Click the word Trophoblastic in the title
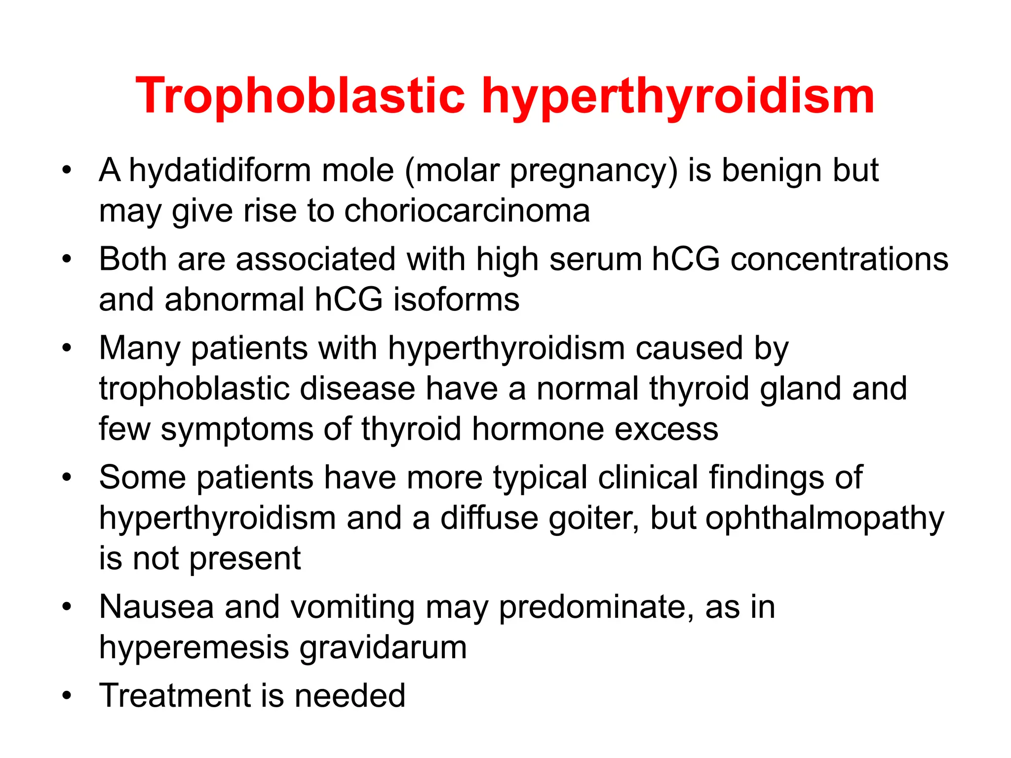tap(300, 96)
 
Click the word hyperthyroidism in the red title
tap(677, 96)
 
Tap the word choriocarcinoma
tap(467, 211)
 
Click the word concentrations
tap(839, 260)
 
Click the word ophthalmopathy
tap(824, 519)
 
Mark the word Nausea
tap(156, 607)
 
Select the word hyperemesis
tap(194, 647)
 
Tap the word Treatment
tap(175, 696)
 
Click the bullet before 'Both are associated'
tap(67, 259)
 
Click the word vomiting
tap(352, 607)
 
